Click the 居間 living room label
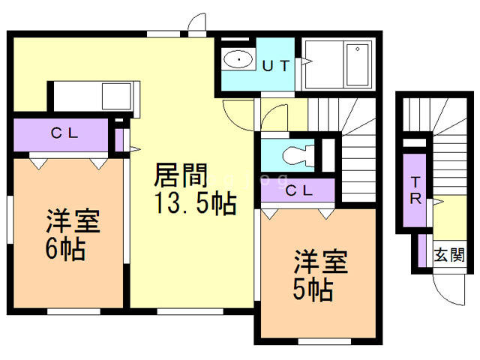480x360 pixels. [181, 175]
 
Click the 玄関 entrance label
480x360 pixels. [448, 254]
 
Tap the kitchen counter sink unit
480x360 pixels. [90, 96]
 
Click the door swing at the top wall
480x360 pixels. [197, 24]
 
